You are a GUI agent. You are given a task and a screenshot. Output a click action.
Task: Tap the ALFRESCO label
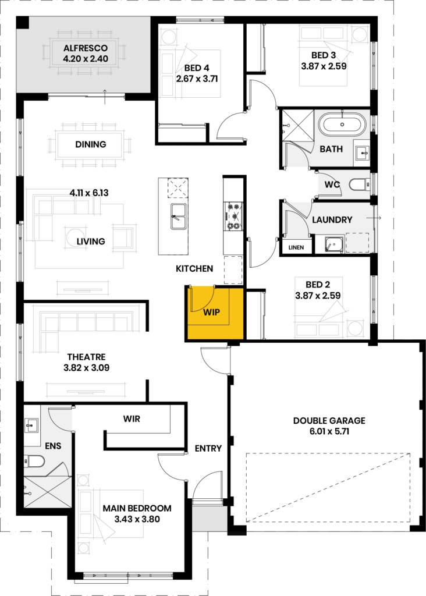coord(86,48)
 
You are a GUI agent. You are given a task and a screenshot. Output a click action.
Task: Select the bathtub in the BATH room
coord(342,125)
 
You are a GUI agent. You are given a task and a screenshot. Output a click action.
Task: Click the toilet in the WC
coord(358,185)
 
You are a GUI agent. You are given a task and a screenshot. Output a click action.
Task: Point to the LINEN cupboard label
coord(296,247)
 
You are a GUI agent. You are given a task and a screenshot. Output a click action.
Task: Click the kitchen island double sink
coord(178,217)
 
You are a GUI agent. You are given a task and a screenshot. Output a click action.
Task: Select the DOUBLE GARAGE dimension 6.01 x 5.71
coord(329,431)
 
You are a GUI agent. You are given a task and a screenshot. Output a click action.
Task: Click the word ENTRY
coord(208,449)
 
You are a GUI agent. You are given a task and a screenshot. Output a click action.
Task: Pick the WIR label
coord(132,419)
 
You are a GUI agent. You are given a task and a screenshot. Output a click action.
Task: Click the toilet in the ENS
coord(33,461)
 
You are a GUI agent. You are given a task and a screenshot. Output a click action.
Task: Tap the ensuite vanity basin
coord(31,425)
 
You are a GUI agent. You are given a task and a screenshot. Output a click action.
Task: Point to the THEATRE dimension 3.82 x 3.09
coord(87,368)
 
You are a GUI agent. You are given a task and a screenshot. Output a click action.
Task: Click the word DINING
coord(90,144)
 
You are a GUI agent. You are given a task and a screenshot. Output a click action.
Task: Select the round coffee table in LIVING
coord(76,236)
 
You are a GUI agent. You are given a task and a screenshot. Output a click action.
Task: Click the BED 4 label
coord(197,68)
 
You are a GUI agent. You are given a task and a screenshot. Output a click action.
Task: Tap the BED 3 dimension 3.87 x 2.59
coord(324,66)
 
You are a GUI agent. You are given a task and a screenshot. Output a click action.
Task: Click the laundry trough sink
coord(334,244)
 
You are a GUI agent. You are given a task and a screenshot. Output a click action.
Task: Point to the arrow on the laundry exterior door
coord(374,218)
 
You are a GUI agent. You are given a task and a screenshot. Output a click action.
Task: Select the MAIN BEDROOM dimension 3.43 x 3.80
coord(137,519)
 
